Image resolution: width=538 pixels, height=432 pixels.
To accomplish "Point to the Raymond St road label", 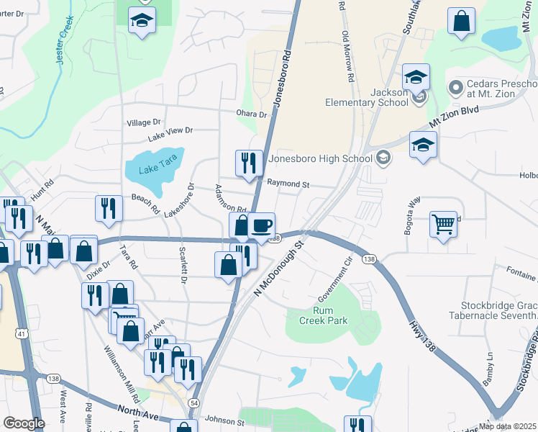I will click(288, 184).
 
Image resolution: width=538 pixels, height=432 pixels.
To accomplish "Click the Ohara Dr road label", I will click(252, 114).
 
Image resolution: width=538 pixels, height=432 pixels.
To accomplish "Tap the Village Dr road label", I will click(144, 123).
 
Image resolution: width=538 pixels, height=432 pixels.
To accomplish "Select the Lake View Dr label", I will click(170, 131).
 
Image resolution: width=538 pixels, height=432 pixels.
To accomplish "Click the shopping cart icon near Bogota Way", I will click(443, 223).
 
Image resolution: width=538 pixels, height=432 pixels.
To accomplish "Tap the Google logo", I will click(24, 423).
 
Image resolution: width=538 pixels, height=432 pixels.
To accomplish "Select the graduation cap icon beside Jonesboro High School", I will click(423, 144).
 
